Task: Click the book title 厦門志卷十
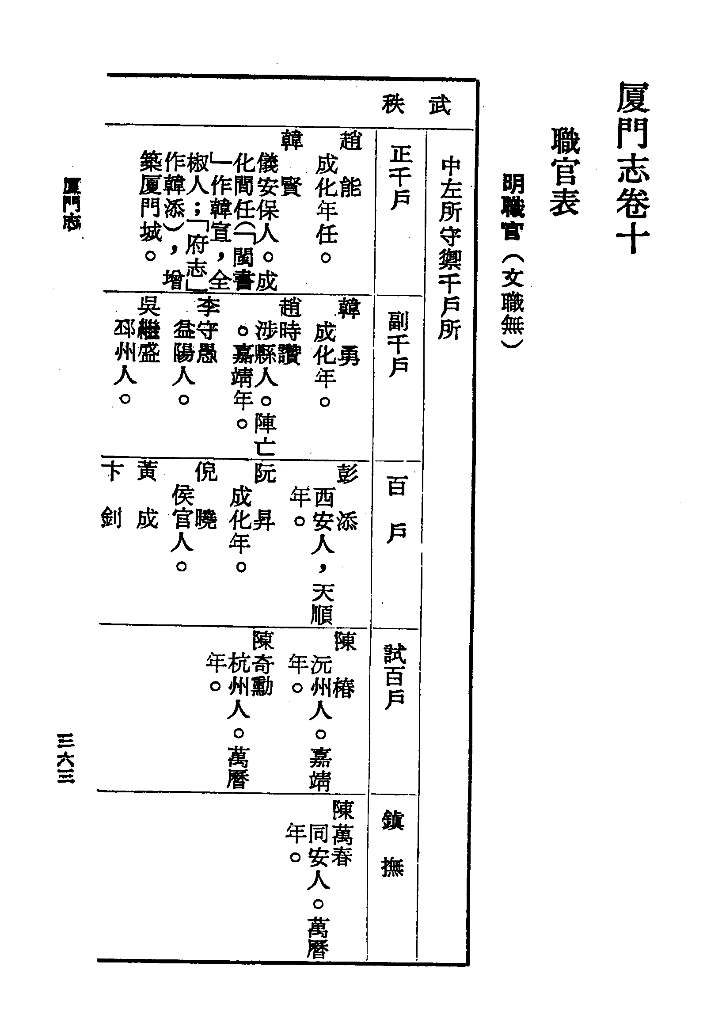(634, 167)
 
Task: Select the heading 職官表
(565, 172)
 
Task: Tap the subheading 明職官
(513, 207)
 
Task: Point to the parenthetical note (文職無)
(513, 302)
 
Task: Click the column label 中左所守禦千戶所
(450, 248)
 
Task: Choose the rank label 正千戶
(400, 178)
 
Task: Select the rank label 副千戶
(399, 343)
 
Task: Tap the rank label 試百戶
(395, 676)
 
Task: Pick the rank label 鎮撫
(393, 844)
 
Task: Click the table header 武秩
(416, 106)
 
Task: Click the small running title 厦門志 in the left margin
(72, 203)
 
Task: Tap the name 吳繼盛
(148, 330)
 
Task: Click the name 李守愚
(207, 330)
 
